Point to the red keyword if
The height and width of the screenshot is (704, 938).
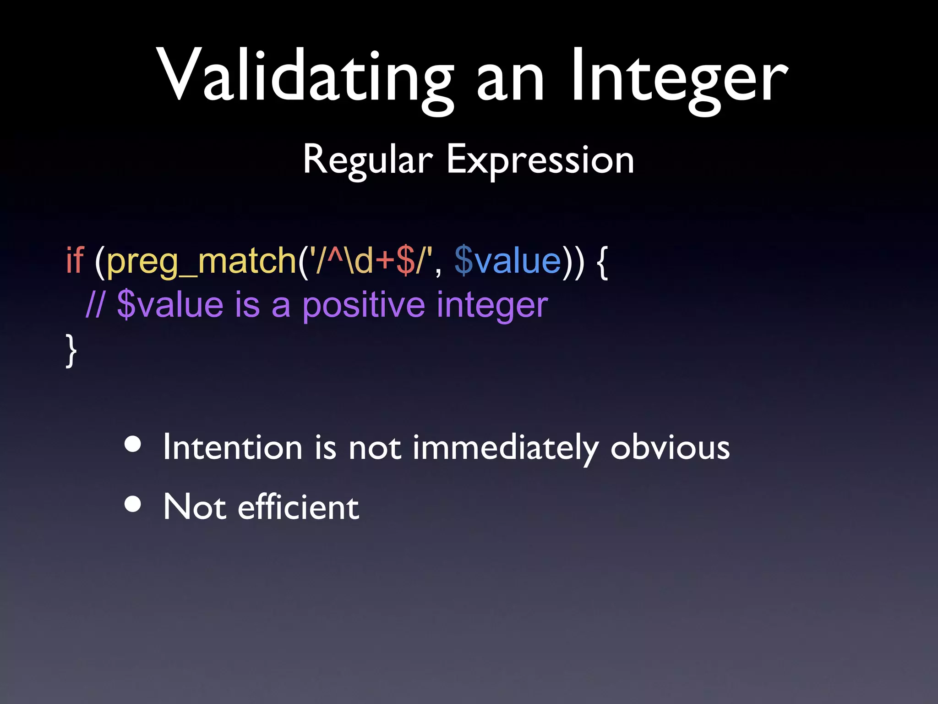coord(75,260)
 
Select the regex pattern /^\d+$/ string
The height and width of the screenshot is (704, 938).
coord(371,260)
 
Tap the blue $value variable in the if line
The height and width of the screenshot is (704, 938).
coord(508,260)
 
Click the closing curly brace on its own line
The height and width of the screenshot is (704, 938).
coord(71,351)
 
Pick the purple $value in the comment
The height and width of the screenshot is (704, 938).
coord(170,305)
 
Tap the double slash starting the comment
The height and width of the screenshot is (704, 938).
coord(95,305)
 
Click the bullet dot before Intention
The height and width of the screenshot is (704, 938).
coord(133,444)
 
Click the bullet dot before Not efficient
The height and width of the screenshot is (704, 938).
coord(133,504)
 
